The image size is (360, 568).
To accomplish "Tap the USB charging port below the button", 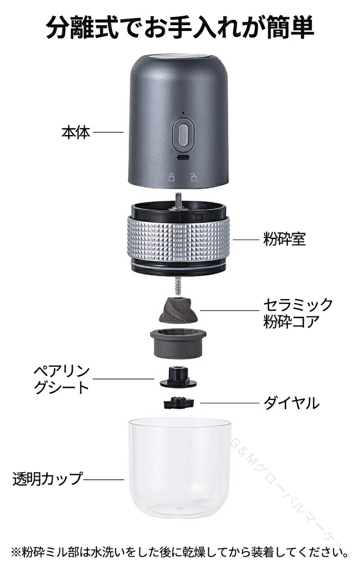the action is pyautogui.click(x=183, y=158).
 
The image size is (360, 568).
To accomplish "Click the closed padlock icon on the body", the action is pyautogui.click(x=171, y=177).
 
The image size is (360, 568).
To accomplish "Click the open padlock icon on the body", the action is pyautogui.click(x=194, y=177).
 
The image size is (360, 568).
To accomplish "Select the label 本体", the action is pyautogui.click(x=76, y=132).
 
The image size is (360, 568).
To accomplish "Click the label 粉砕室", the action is pyautogui.click(x=284, y=239).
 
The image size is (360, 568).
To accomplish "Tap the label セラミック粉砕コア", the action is pyautogui.click(x=298, y=313).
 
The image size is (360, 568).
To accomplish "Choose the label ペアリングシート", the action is pyautogui.click(x=62, y=379).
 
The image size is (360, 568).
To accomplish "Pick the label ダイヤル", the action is pyautogui.click(x=292, y=403).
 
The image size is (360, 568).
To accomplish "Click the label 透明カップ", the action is pyautogui.click(x=48, y=479).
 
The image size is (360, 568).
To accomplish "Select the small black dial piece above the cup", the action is pyautogui.click(x=179, y=403).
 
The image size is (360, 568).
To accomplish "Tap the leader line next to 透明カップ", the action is pyautogui.click(x=103, y=479).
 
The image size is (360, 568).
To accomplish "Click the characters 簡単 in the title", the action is pyautogui.click(x=290, y=27).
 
